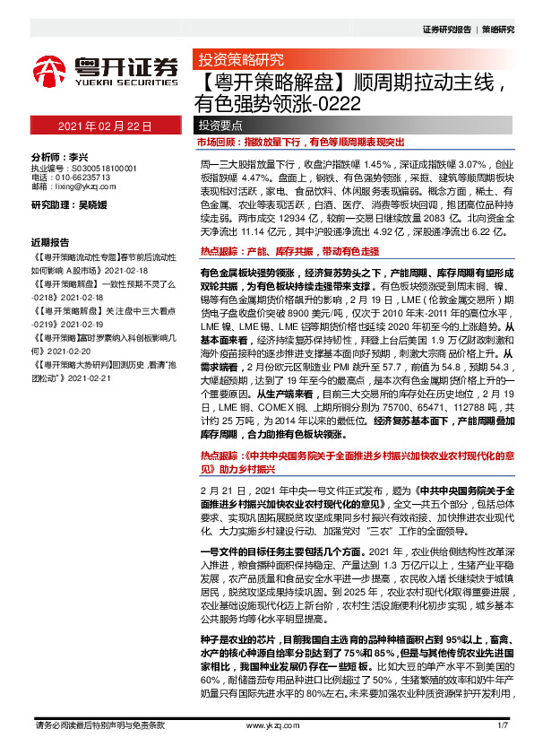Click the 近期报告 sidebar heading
(x=50, y=243)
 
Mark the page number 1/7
(x=503, y=724)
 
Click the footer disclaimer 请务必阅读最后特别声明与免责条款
(x=97, y=724)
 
